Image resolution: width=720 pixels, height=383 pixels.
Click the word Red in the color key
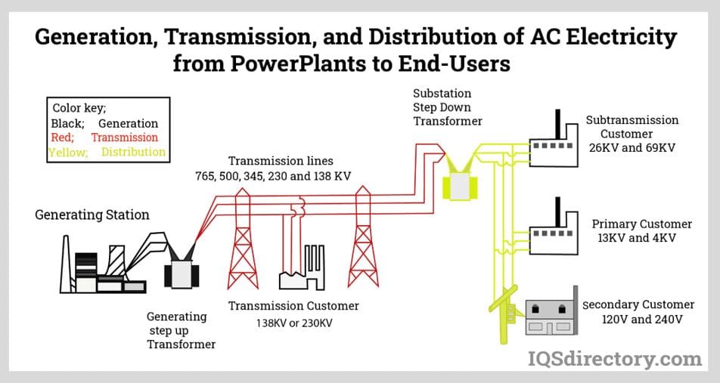62,137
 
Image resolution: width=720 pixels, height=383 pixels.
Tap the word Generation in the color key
128,123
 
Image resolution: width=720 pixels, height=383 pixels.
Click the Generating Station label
92,215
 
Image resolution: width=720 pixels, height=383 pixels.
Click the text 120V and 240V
642,320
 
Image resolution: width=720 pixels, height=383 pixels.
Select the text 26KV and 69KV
632,147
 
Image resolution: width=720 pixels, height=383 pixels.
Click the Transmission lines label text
281,161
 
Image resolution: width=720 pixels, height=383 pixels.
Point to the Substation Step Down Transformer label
447,107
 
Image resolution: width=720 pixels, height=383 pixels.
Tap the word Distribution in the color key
133,152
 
